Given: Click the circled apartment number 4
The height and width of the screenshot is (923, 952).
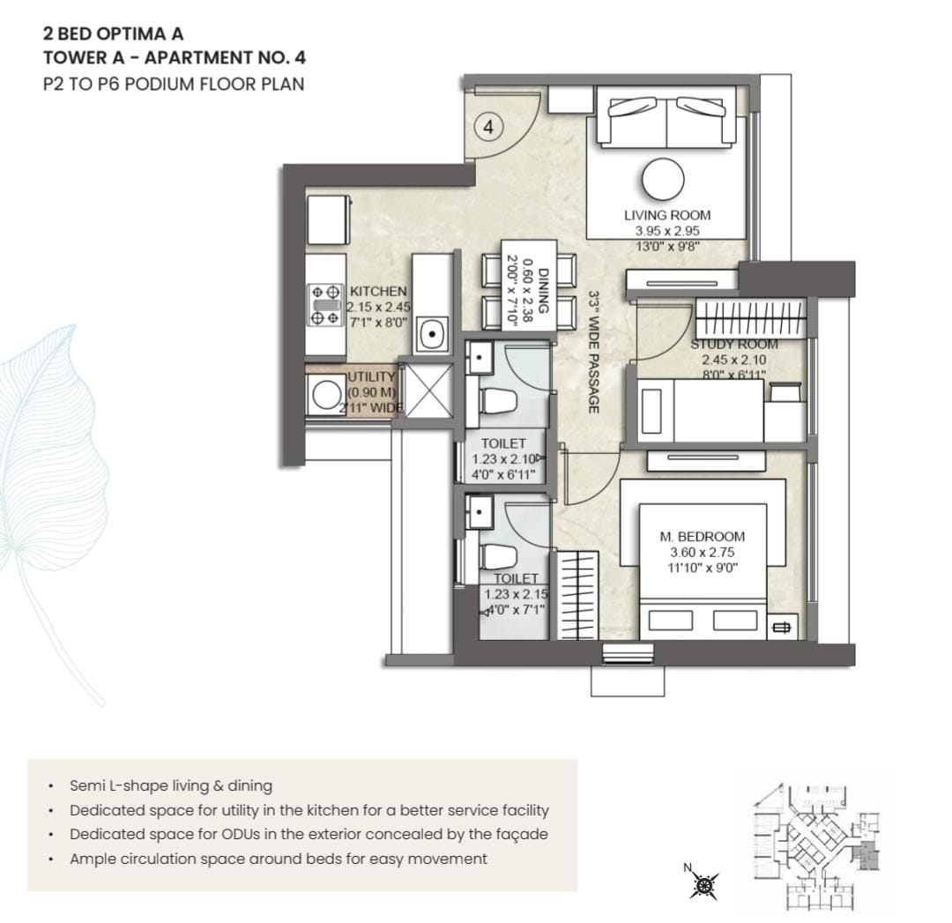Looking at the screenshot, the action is pos(488,128).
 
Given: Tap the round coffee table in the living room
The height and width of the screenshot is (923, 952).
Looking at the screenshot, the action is pos(663,180).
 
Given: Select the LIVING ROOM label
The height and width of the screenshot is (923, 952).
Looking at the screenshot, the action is pos(667,215).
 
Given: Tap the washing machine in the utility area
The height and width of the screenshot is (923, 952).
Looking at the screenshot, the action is pos(325,395).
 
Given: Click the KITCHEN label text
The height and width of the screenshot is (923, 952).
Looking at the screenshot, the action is pos(378,292).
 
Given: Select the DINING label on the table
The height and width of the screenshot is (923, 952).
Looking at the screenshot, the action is pos(544,291).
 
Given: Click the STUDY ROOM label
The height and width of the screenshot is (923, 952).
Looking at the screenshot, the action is pos(734,345).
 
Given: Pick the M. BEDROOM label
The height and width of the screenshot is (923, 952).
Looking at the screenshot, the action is pos(703,537).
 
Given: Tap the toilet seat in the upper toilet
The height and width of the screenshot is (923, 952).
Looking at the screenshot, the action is pos(498,401).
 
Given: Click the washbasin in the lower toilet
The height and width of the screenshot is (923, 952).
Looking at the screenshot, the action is pos(479,512).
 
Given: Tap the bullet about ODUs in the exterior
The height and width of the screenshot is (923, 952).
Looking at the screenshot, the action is pos(309,834).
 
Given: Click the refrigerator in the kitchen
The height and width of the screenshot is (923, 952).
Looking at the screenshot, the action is pos(329,220).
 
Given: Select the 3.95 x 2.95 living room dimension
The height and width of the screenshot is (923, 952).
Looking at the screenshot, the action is pos(667,231).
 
